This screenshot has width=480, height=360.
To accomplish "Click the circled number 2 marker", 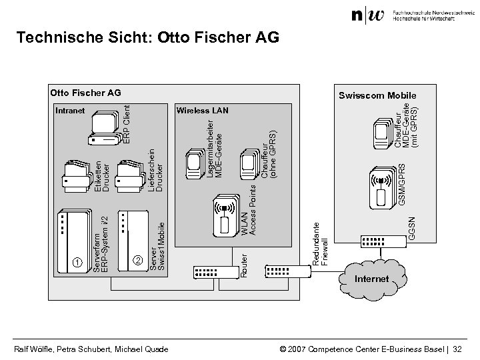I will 138,260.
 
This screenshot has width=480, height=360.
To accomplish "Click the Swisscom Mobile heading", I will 376,95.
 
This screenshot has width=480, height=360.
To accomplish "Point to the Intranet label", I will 69,110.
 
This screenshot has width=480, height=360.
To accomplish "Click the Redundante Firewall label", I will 321,243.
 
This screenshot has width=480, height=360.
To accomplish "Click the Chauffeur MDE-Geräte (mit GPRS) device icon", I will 381,136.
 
